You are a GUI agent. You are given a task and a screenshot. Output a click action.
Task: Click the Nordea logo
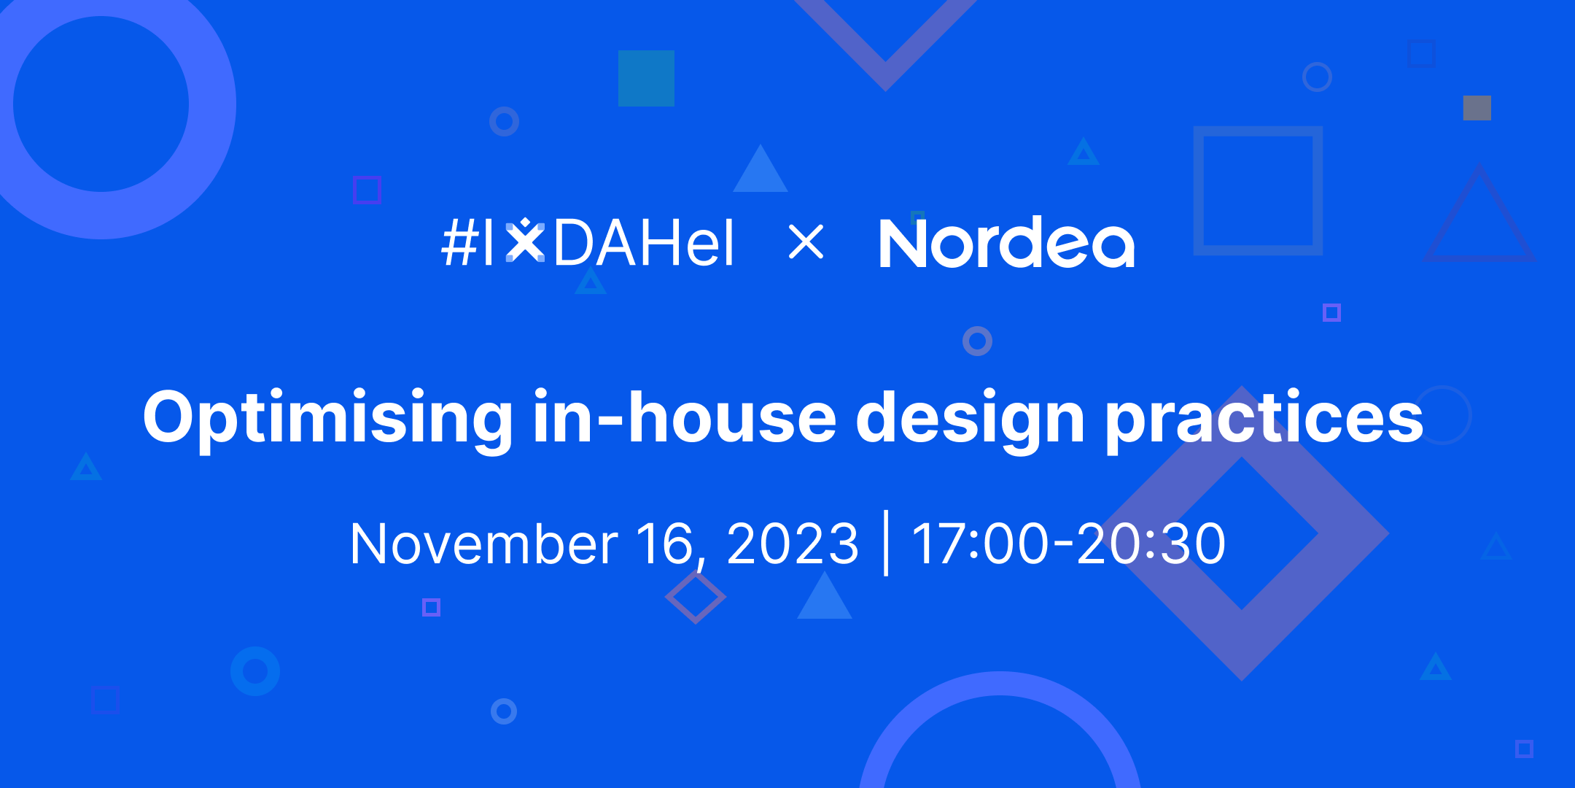1006,243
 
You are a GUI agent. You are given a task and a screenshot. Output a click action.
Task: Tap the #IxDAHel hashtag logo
588,243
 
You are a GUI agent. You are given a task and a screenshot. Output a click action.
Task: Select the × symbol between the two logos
806,242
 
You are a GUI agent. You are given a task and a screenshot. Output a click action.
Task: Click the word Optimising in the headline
328,418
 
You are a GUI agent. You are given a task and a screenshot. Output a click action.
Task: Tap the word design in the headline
970,418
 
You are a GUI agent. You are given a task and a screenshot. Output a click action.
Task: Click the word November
484,544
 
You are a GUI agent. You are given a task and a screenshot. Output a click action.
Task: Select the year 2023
793,544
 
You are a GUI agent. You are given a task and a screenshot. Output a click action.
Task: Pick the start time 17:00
979,544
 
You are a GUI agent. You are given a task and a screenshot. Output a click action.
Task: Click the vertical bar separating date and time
886,543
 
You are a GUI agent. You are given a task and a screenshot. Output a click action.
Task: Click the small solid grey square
1477,108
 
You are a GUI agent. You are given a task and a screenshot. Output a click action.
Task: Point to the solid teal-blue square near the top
646,78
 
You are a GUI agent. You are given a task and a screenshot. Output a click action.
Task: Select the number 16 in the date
664,544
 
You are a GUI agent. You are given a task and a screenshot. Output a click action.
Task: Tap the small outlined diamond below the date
695,597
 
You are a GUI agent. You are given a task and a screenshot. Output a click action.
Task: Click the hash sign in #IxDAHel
459,243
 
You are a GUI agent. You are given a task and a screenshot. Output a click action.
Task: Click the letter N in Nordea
903,244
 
